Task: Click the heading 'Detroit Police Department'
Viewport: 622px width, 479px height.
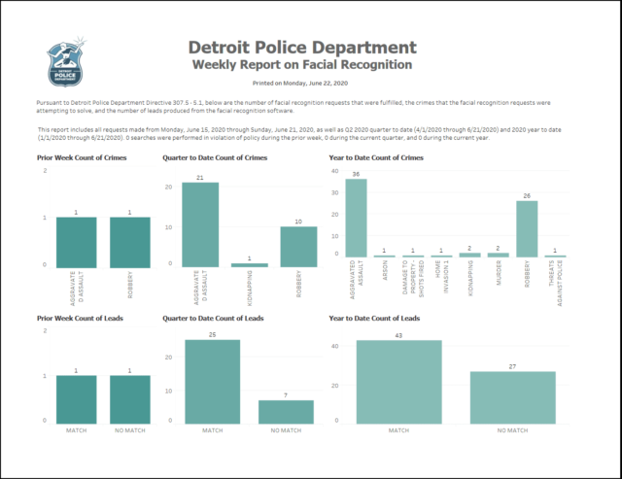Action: (301, 48)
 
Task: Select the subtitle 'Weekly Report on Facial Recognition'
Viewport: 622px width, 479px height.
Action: (301, 64)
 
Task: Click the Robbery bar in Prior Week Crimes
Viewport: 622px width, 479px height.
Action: (129, 241)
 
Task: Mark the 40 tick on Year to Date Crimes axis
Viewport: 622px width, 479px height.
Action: (335, 171)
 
